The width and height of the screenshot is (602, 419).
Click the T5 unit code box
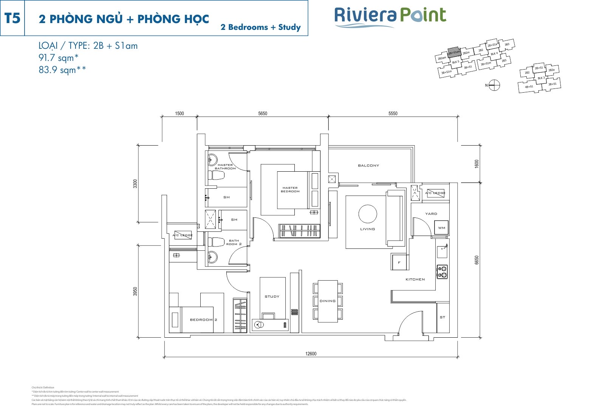point(12,18)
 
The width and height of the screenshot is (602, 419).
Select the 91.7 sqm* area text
point(59,58)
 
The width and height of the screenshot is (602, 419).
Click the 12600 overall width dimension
point(311,354)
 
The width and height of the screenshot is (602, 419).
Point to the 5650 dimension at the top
point(262,113)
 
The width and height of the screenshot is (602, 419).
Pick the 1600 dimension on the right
point(477,164)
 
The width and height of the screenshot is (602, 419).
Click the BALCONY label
point(368,166)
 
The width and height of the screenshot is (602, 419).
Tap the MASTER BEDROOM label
point(290,189)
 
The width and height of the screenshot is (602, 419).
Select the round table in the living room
point(367,214)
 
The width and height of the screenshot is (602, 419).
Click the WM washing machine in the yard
point(441,228)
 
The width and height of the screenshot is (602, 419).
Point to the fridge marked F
point(399,262)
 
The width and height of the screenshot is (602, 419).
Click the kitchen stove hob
point(442,272)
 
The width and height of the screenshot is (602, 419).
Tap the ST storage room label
point(443,317)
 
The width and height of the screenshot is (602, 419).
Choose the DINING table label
point(327,301)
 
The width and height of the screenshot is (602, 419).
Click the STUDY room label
point(272,296)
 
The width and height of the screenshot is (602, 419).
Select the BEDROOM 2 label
point(203,320)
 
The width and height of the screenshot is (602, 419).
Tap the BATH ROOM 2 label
point(234,242)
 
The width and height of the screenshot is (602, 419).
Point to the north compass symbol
point(494,85)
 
